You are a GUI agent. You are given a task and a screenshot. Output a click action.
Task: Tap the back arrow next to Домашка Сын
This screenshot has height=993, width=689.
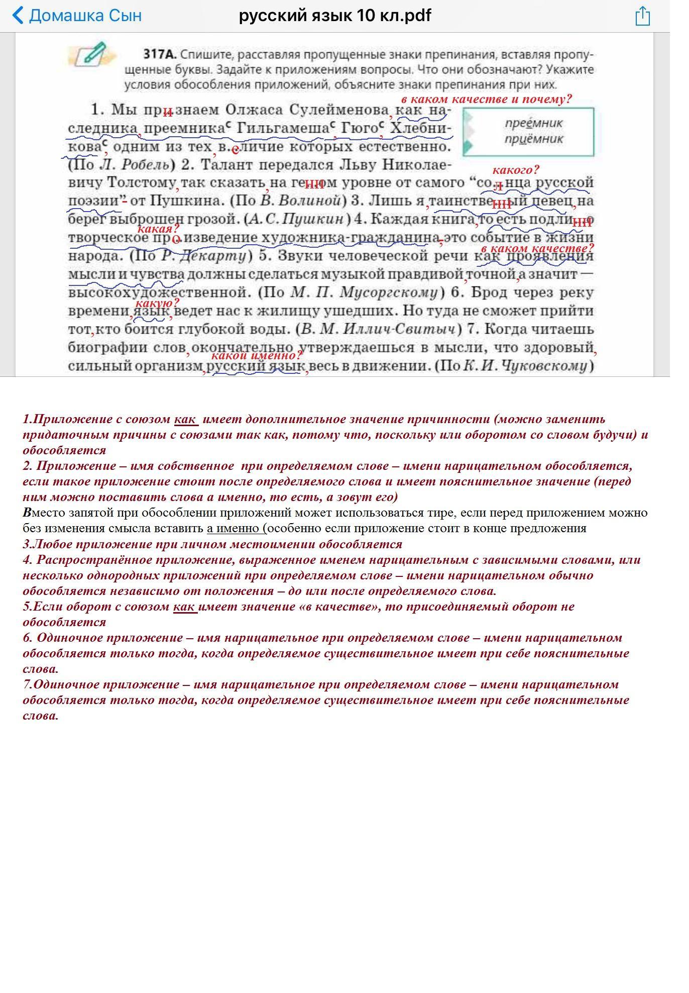[18, 16]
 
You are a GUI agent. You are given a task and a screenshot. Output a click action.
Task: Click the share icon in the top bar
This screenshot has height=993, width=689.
[642, 16]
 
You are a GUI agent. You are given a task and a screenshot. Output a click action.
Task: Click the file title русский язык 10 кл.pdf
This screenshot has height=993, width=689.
[335, 16]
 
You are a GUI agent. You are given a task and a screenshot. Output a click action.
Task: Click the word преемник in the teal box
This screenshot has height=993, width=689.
[534, 123]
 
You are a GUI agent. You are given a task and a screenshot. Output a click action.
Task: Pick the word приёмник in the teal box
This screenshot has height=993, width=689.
[534, 139]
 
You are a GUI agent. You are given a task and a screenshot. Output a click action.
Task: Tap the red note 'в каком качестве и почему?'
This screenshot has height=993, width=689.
[486, 99]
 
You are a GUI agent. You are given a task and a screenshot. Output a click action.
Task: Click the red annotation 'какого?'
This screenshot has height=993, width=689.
[515, 170]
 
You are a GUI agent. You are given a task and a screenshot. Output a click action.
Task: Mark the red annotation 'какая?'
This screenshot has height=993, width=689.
[158, 229]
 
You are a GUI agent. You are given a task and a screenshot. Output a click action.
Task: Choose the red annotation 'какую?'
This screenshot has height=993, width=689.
[157, 303]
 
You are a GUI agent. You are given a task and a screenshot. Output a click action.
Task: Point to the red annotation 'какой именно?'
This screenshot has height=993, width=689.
[257, 355]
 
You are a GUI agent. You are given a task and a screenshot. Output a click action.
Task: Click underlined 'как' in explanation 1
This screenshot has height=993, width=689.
[185, 419]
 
